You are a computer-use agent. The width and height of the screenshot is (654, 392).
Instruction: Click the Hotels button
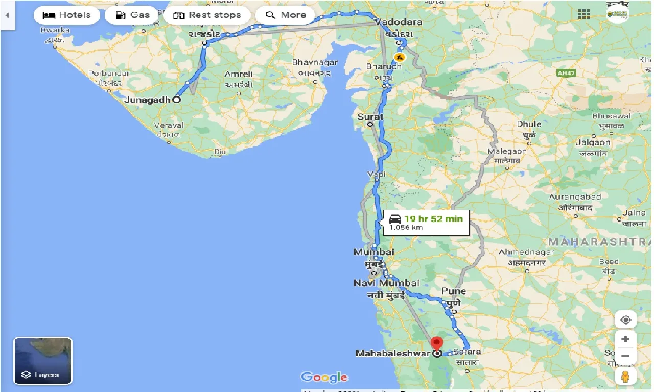point(66,15)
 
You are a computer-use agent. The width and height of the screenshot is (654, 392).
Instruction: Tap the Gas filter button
point(132,15)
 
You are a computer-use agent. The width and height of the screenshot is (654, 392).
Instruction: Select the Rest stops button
point(207,15)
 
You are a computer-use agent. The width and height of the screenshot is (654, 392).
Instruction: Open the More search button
point(285,15)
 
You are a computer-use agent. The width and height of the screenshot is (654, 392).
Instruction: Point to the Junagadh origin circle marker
point(176,100)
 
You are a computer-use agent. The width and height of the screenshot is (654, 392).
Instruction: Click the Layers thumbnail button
point(43,360)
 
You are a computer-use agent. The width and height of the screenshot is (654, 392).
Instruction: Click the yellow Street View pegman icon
point(625,377)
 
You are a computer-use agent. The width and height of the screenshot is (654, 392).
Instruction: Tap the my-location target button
point(625,320)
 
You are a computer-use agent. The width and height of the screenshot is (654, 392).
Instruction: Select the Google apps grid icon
point(583,14)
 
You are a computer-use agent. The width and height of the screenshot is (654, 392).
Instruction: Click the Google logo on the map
point(324,377)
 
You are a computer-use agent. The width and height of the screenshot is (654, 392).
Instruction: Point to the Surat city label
point(370,117)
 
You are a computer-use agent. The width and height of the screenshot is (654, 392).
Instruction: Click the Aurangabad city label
point(575,197)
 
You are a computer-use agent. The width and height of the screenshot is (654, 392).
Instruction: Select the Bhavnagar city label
point(315,62)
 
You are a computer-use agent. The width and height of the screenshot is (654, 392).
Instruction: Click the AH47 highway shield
point(564,73)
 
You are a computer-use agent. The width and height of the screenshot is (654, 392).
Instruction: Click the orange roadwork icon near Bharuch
point(400,56)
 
